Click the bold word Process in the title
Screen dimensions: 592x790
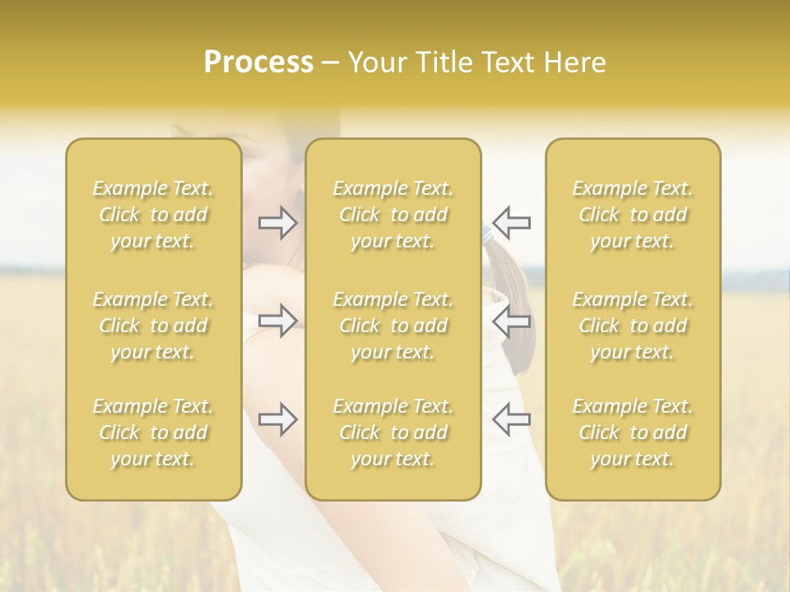(258, 62)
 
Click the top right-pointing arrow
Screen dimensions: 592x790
(278, 222)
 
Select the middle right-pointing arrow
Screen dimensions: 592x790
(278, 320)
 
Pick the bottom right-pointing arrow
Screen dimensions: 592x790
(278, 419)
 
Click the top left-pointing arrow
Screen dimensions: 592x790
(512, 222)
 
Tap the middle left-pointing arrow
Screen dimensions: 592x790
(512, 320)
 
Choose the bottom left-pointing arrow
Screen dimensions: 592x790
(512, 419)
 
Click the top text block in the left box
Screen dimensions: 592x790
(153, 215)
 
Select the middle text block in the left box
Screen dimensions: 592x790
(153, 326)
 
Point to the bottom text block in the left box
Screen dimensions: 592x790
(153, 432)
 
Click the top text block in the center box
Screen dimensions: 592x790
(393, 215)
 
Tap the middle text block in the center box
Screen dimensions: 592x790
(393, 326)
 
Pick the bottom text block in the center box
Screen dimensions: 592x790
(393, 432)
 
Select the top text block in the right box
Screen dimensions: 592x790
(633, 215)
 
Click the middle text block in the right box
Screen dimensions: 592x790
(633, 326)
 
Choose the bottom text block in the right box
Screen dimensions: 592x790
(633, 432)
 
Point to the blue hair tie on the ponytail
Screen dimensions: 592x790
(487, 236)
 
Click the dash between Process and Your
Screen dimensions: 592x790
(331, 63)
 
